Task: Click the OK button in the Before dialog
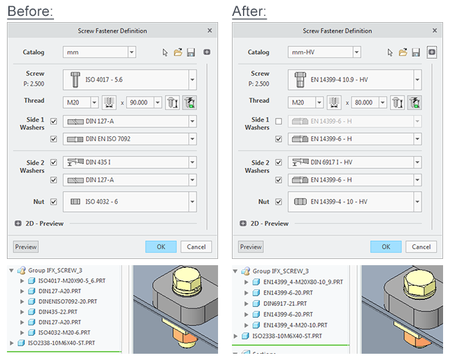pyautogui.click(x=161, y=246)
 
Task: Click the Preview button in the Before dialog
pyautogui.click(x=26, y=246)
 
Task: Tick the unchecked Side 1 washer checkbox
pyautogui.click(x=278, y=122)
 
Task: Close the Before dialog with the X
pyautogui.click(x=210, y=30)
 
